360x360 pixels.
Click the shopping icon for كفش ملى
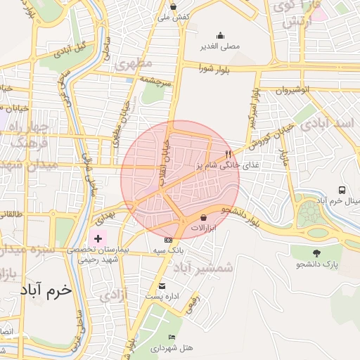click(172, 7)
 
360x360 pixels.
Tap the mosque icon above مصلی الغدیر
click(220, 36)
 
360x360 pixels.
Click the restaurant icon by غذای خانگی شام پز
click(227, 154)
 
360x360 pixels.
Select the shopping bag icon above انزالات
click(204, 217)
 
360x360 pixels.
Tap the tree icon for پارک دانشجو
click(316, 252)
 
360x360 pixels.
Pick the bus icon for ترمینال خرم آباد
click(342, 190)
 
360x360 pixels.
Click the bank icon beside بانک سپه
click(167, 240)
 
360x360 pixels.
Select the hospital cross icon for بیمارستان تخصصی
click(98, 239)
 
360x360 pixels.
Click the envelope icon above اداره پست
click(162, 285)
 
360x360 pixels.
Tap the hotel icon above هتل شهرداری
click(173, 337)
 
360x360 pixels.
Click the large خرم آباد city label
click(47, 290)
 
